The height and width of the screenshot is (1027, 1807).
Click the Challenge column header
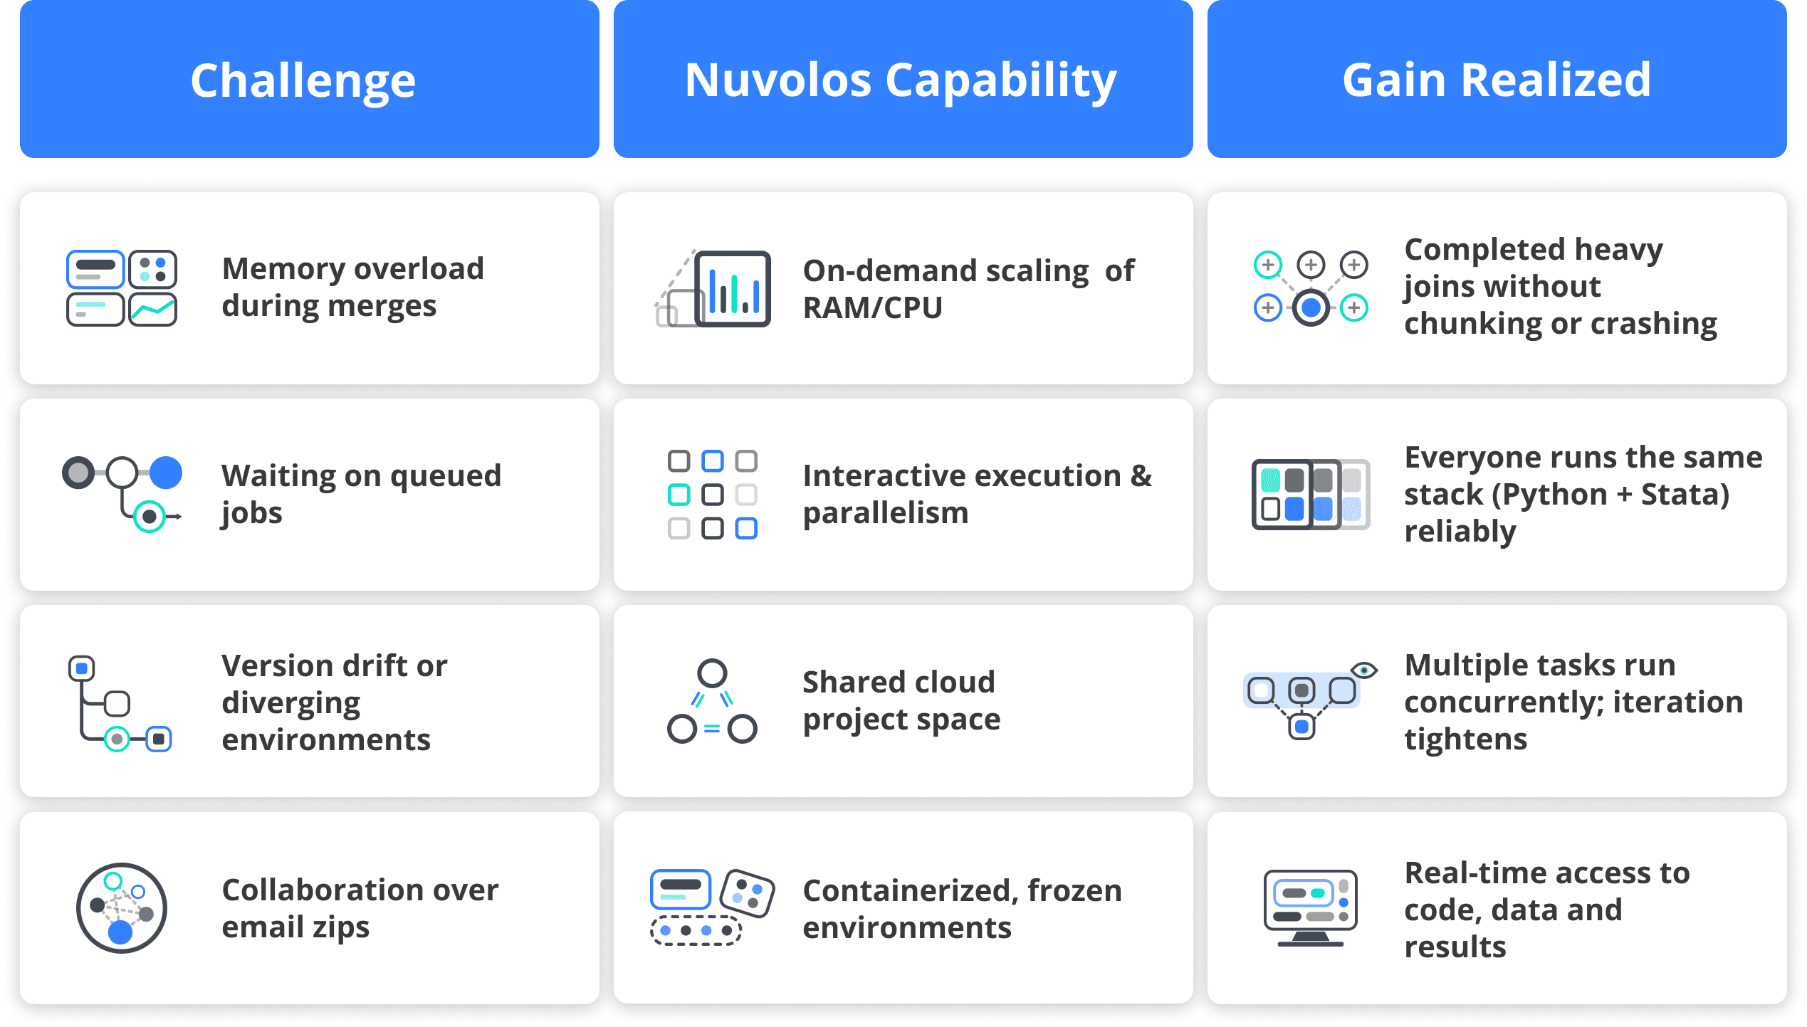pos(309,79)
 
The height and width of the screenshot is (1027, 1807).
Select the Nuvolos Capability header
pos(903,79)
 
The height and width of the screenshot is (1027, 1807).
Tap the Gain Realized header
pos(1497,79)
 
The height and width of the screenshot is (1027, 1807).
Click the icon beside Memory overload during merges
pos(122,288)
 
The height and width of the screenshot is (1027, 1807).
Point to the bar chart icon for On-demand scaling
pos(713,288)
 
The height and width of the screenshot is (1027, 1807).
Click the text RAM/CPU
pos(872,307)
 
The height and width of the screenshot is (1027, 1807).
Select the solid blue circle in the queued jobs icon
pos(166,473)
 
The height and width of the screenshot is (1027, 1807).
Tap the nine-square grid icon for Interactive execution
pos(713,495)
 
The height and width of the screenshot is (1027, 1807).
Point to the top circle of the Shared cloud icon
pos(712,673)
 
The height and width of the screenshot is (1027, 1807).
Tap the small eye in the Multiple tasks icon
pos(1364,670)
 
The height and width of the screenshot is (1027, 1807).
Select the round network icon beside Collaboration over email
pos(122,908)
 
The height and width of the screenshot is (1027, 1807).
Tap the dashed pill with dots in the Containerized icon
pos(696,930)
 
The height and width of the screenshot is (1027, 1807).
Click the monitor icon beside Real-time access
pos(1310,908)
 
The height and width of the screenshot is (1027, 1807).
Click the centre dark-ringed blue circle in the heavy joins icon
pos(1311,307)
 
